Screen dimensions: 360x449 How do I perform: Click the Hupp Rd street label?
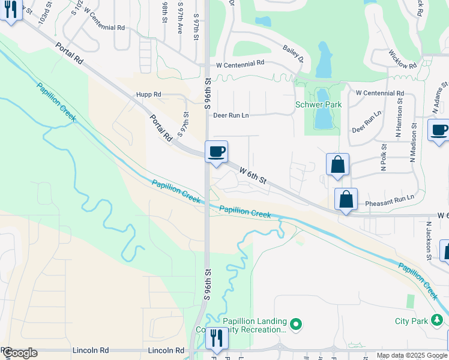pos(149,95)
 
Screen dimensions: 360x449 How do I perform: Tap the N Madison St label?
pos(413,143)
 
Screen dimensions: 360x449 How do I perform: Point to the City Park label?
pos(411,321)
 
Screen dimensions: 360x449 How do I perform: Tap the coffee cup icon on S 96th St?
pos(216,151)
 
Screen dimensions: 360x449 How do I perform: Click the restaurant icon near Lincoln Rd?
pos(216,338)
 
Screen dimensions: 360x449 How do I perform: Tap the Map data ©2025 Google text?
pos(412,355)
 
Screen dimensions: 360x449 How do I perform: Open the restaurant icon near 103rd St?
pos(10,10)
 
